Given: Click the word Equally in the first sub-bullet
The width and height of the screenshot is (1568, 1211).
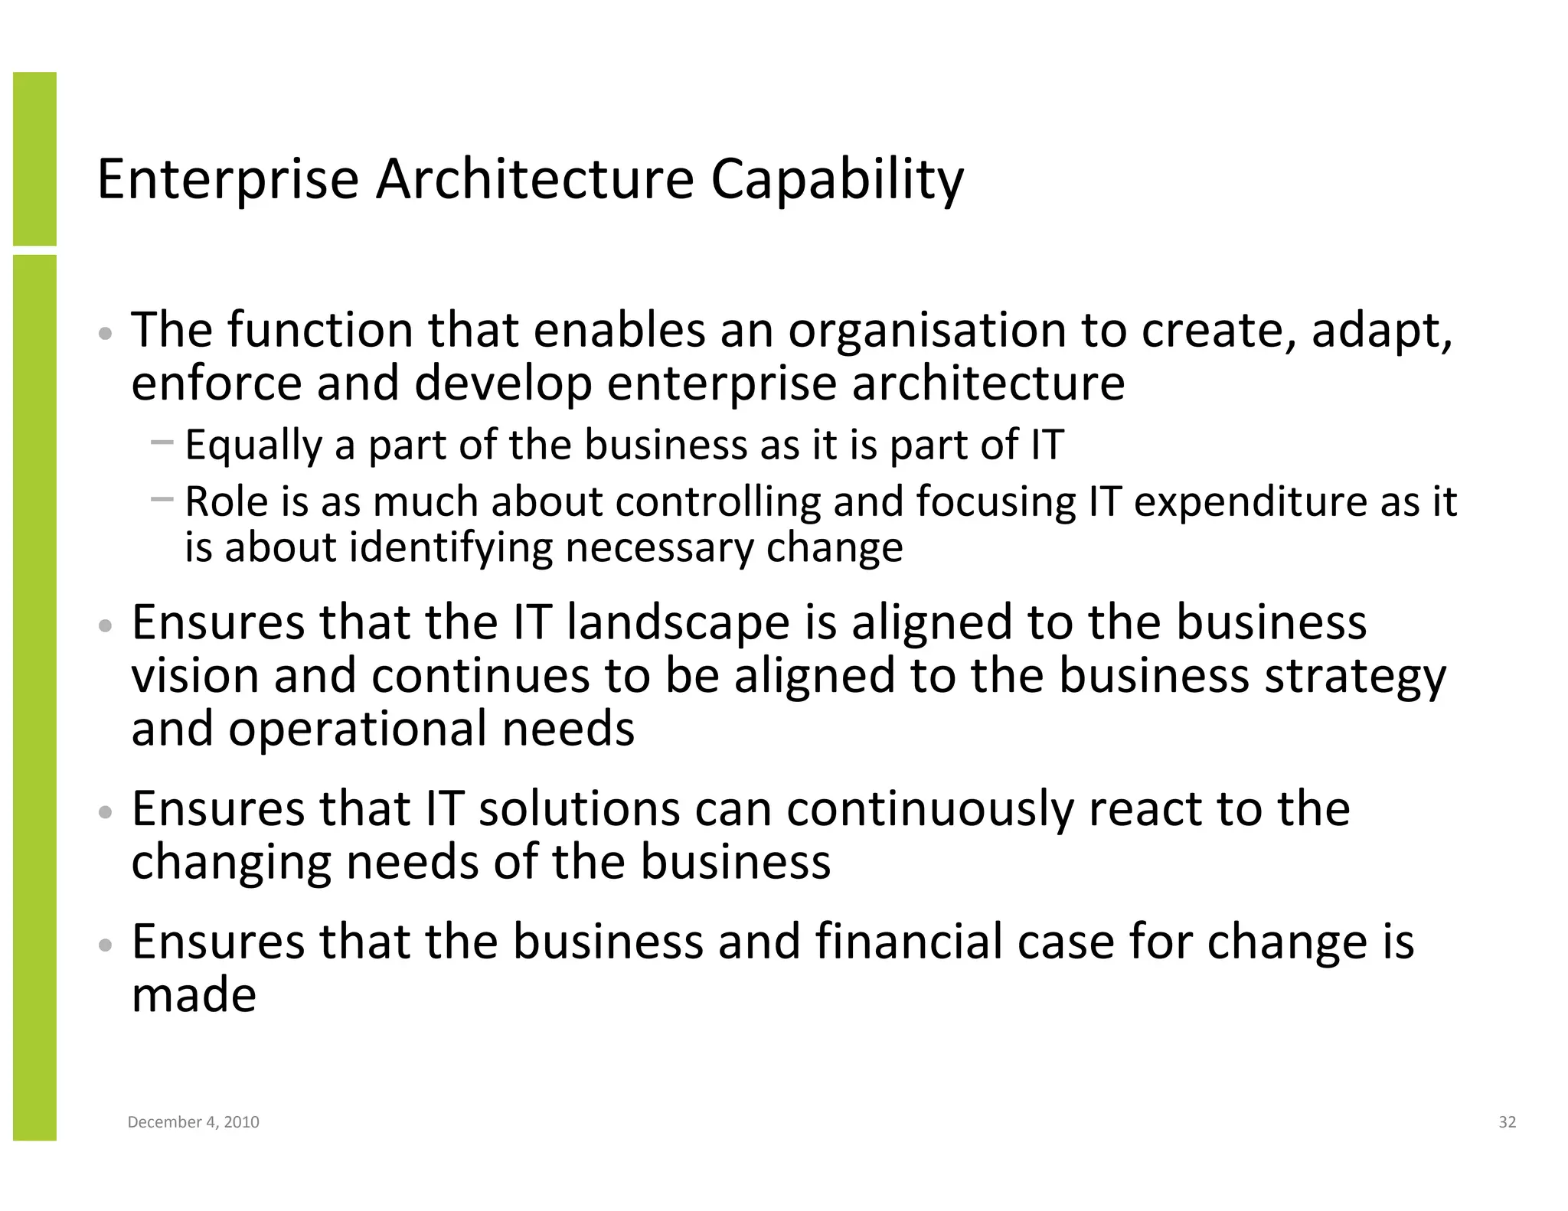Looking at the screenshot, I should (253, 446).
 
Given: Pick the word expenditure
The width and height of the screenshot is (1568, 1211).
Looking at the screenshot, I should (1249, 502).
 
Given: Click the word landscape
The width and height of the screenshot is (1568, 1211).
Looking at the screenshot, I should (678, 622).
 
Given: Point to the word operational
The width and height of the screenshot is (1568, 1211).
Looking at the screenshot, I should (358, 729).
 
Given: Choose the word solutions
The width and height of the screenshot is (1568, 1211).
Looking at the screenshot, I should (579, 809).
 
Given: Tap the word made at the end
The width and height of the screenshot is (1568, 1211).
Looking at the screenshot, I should (194, 995).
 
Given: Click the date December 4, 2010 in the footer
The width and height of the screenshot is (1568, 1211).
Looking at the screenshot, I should (193, 1122).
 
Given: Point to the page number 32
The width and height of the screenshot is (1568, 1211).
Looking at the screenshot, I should (1507, 1122).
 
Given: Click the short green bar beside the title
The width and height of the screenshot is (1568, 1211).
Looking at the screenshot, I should (34, 158).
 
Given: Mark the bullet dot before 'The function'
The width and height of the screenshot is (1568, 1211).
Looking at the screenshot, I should (106, 334).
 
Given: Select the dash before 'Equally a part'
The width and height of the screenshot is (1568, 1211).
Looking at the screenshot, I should (162, 442).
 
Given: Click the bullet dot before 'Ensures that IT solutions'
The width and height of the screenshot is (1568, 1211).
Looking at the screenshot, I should (106, 812).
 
